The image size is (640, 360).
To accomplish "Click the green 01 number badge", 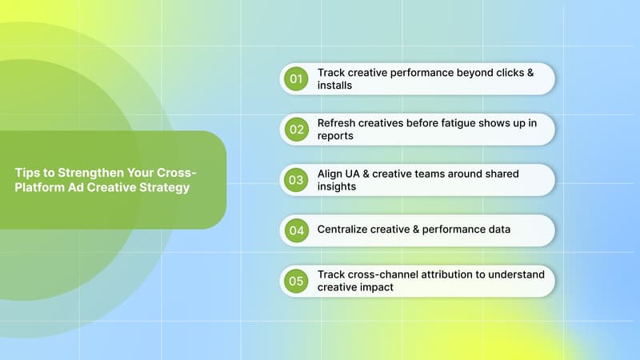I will pyautogui.click(x=297, y=78).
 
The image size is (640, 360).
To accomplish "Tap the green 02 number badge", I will pyautogui.click(x=297, y=129).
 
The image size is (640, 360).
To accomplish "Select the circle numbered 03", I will pyautogui.click(x=297, y=180).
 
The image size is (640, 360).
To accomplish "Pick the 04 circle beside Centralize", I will pyautogui.click(x=297, y=230).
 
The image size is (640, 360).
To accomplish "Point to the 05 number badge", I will pyautogui.click(x=297, y=281).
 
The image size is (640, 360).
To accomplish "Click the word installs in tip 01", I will pyautogui.click(x=334, y=85).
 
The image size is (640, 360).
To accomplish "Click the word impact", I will pyautogui.click(x=376, y=287).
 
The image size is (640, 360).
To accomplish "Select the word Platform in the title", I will pyautogui.click(x=37, y=187).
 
